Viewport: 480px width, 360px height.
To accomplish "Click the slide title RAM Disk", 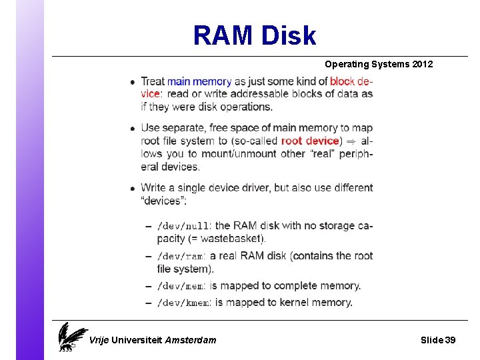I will (x=254, y=35).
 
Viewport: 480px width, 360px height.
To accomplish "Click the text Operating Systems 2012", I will (x=378, y=65).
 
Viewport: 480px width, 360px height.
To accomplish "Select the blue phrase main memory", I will (x=199, y=81).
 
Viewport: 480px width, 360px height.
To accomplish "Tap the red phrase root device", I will (x=310, y=141).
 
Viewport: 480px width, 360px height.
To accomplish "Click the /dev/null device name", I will (x=183, y=226).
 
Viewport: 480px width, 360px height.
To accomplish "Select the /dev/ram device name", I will (x=180, y=256).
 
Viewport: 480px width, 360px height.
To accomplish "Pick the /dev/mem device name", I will (x=180, y=286).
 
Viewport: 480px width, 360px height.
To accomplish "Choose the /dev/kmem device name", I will (x=183, y=303).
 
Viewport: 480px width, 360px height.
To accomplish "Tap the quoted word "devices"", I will (x=163, y=201).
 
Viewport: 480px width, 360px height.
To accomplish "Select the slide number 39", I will (x=450, y=340).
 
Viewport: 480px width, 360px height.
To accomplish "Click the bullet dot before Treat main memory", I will (x=133, y=82).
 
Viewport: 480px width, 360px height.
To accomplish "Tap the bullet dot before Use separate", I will (x=133, y=128).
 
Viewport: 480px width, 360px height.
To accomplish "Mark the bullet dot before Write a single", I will (x=133, y=188).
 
